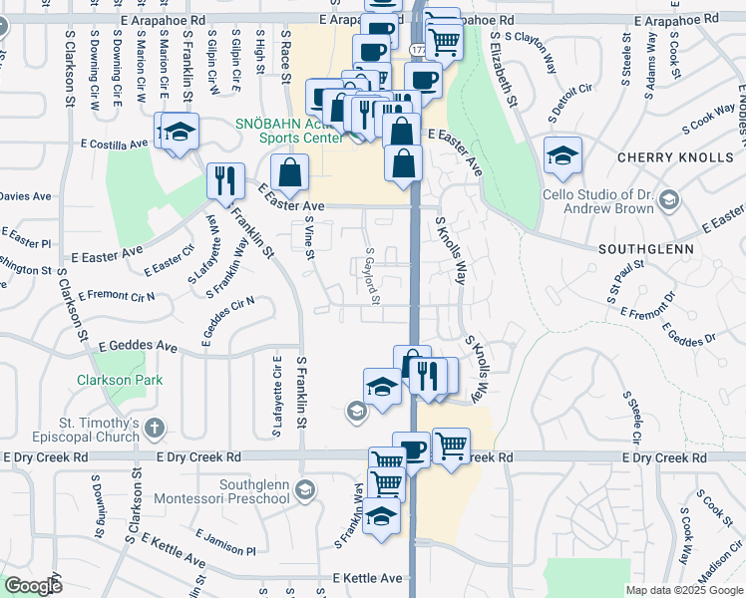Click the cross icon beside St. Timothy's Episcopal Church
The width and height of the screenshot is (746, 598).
coord(153,429)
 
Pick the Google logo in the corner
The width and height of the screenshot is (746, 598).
coord(33,586)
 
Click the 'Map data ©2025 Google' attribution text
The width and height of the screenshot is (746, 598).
coord(684,590)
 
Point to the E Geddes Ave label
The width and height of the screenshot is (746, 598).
coord(137,347)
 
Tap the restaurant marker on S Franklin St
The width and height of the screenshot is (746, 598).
coord(225,181)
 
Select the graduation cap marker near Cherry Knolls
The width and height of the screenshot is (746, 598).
coord(562,155)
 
